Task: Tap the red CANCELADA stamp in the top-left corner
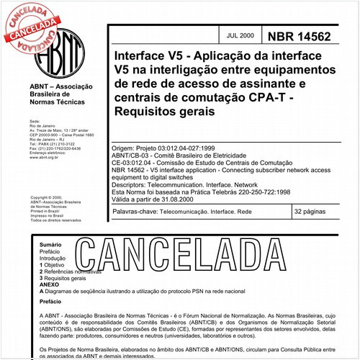(29, 22)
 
